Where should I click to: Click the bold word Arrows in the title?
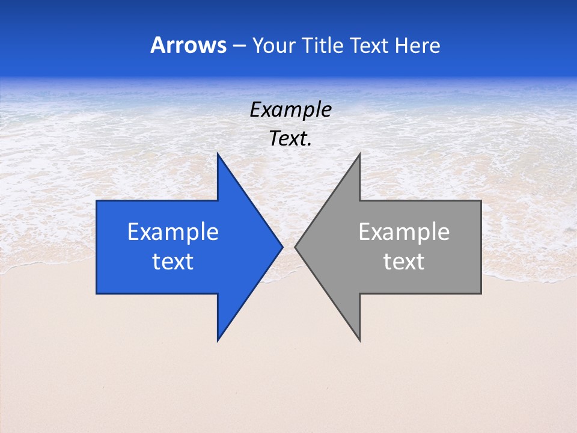point(188,46)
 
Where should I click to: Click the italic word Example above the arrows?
point(290,110)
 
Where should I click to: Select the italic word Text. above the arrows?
point(290,138)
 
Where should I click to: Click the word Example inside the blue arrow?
point(173,232)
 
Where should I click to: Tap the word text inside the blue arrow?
point(173,262)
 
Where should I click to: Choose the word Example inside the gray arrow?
point(404,232)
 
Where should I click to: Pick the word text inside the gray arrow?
point(404,262)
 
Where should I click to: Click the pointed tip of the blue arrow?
point(282,247)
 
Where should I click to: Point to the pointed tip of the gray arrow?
point(295,247)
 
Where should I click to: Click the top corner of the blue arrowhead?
point(218,154)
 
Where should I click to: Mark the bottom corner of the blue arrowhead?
point(218,340)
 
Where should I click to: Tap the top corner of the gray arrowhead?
point(359,154)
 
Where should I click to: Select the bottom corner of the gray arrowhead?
point(359,340)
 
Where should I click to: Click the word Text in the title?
point(368,46)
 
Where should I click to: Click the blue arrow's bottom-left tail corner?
point(97,293)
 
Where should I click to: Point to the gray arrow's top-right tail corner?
point(481,201)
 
